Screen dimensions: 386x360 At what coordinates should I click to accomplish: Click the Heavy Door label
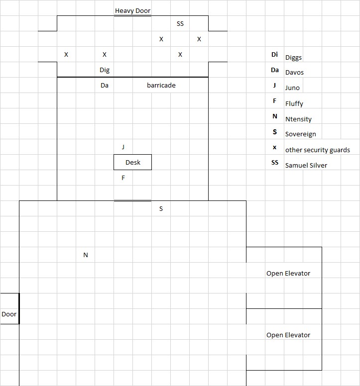point(132,10)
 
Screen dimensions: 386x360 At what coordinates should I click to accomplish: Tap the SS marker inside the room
point(180,23)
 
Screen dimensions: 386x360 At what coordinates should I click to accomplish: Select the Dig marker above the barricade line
point(105,70)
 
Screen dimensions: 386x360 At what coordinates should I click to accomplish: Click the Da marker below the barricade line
point(105,86)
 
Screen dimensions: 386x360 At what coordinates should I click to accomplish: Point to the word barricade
point(161,86)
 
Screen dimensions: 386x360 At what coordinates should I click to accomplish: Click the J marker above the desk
point(123,147)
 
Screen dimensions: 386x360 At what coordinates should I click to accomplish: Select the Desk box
point(132,162)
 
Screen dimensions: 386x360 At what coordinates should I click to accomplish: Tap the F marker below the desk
point(123,178)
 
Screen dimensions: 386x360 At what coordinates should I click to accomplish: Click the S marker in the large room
point(161,209)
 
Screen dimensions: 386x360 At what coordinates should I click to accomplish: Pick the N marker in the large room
point(86,255)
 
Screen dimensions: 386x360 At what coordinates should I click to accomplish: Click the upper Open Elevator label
point(288,274)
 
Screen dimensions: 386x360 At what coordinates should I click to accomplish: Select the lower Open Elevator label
point(288,335)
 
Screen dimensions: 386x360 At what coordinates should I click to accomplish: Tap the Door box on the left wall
point(9,314)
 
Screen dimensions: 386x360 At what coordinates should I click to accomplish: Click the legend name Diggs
point(294,58)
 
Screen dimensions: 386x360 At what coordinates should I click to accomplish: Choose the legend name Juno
point(293,88)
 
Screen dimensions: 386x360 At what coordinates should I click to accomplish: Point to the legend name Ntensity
point(298,119)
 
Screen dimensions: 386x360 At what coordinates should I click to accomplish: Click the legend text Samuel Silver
point(306,165)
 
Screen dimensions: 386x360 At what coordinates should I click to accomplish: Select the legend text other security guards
point(318,150)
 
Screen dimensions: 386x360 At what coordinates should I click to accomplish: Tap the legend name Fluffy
point(294,104)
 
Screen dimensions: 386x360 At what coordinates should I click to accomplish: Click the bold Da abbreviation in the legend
point(275,70)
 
